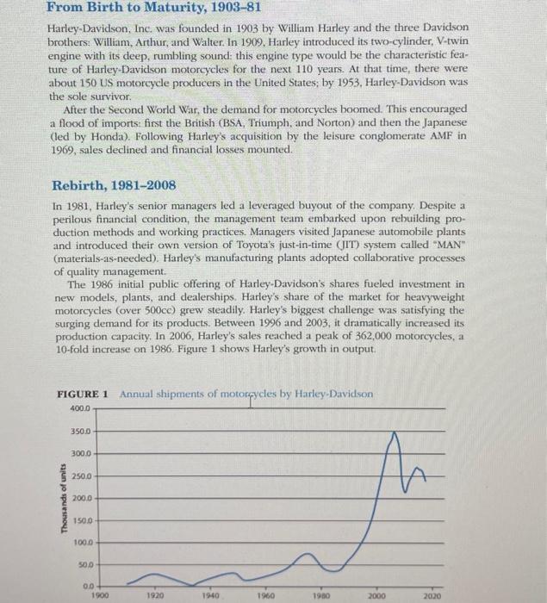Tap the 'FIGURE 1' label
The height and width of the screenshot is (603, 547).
pyautogui.click(x=82, y=394)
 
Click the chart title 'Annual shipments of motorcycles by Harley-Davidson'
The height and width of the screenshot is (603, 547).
pyautogui.click(x=246, y=394)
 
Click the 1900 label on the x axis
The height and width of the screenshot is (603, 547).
pyautogui.click(x=100, y=595)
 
